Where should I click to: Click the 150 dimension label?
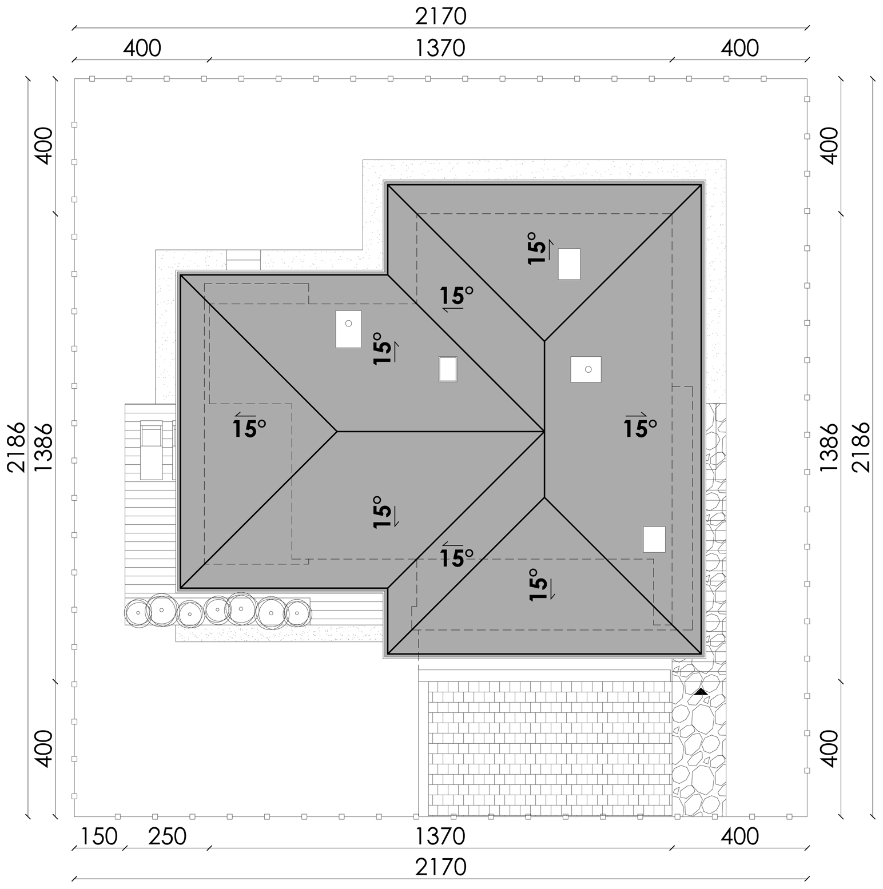pyautogui.click(x=99, y=836)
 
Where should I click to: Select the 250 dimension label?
pyautogui.click(x=168, y=836)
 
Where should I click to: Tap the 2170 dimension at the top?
pyautogui.click(x=441, y=17)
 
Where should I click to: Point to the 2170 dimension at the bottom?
pyautogui.click(x=441, y=867)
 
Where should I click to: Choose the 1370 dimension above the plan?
pyautogui.click(x=440, y=49)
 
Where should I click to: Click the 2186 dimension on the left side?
pyautogui.click(x=17, y=447)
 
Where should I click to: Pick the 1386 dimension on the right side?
pyautogui.click(x=829, y=447)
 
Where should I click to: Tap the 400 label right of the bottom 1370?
pyautogui.click(x=739, y=836)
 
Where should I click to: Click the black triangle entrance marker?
pyautogui.click(x=701, y=691)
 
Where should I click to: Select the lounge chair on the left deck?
pyautogui.click(x=152, y=450)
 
